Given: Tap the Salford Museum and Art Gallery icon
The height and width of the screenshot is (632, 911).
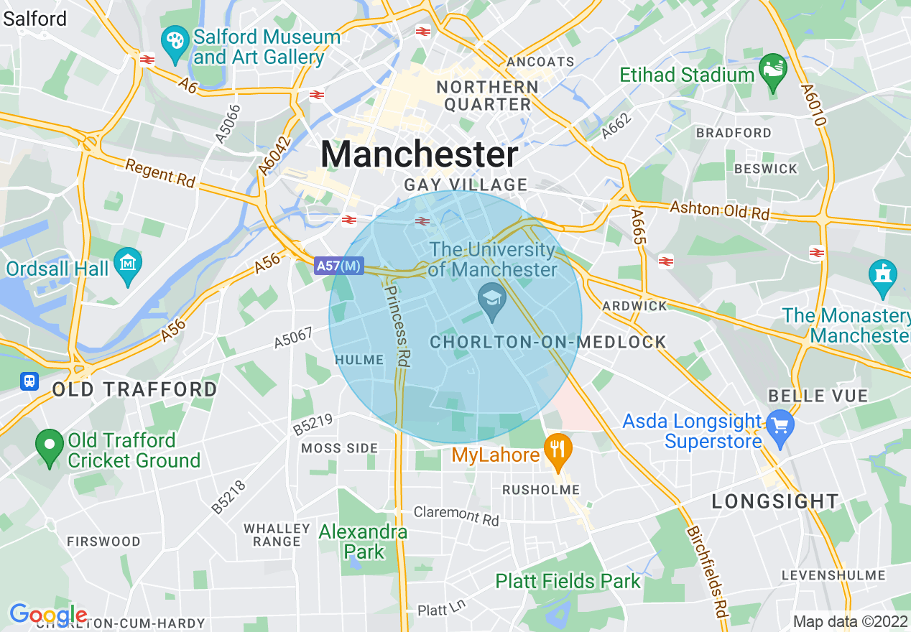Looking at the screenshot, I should [x=174, y=42].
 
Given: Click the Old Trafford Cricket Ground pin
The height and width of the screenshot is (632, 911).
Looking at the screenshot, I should [x=50, y=446].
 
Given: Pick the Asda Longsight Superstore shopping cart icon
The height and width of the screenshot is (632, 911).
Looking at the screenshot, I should [x=780, y=424].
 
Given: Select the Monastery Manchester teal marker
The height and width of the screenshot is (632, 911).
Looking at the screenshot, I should [x=882, y=276].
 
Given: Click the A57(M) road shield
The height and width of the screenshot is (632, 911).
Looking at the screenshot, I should [x=339, y=266].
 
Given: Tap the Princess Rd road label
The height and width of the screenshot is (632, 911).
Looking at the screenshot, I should [x=397, y=325].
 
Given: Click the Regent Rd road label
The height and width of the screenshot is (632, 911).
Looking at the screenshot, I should [x=160, y=174].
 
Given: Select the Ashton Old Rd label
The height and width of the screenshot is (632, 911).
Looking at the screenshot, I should [x=719, y=210].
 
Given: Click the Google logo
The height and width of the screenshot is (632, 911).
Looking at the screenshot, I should [x=48, y=615].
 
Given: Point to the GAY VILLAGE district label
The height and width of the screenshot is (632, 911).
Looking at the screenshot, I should [x=466, y=185].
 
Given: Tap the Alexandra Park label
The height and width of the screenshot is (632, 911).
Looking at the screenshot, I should [x=364, y=542].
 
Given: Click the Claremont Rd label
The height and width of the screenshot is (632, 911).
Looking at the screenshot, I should [x=456, y=516].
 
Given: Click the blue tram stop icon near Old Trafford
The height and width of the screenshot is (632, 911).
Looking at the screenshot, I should [x=29, y=381].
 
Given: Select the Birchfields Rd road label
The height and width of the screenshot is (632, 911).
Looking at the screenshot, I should [x=708, y=572].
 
